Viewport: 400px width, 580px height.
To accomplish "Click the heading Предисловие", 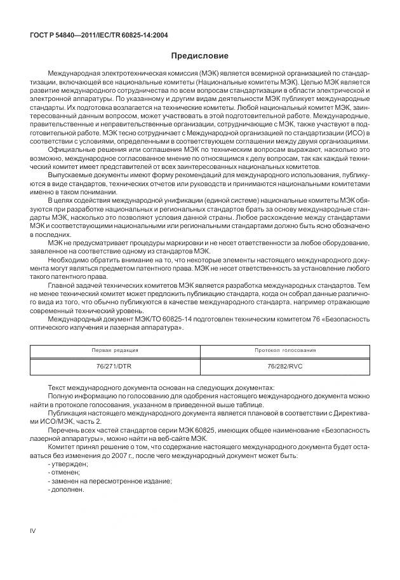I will click(x=199, y=56).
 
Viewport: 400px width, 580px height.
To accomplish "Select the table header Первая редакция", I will click(x=116, y=350).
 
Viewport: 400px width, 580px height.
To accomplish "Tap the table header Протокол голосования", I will click(x=285, y=350).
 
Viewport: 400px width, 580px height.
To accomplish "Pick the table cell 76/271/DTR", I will click(x=116, y=367).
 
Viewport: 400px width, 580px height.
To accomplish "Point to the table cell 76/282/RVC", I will click(x=285, y=367).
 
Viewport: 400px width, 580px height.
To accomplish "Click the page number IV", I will click(x=34, y=529).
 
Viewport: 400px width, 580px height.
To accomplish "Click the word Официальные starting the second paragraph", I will click(x=67, y=149).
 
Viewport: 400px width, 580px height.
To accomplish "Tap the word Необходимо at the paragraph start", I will click(x=66, y=259).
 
